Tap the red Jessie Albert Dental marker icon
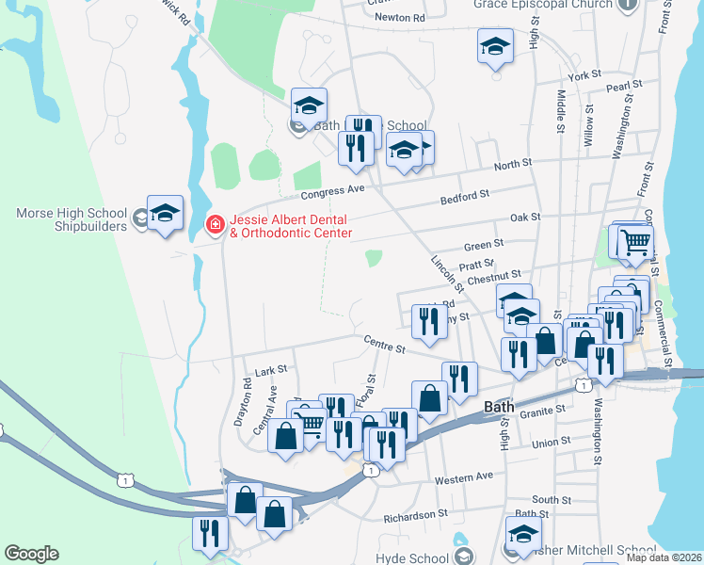point(215,224)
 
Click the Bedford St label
point(466,196)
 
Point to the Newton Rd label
point(399,18)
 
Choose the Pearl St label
point(624,87)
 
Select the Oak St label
point(524,218)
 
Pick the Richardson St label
point(416,516)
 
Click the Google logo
point(31,554)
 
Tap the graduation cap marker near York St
point(495,47)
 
